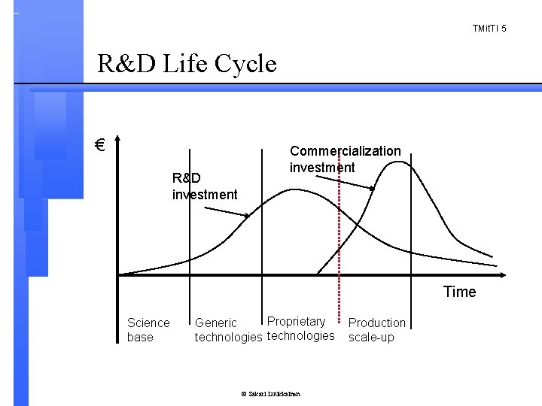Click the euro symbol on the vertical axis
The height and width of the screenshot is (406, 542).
coord(99,144)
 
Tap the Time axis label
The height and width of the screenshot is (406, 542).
coord(459,292)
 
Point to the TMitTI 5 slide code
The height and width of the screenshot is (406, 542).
coord(489,29)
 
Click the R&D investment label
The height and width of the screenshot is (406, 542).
coord(204,186)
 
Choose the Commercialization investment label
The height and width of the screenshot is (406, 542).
coord(345,159)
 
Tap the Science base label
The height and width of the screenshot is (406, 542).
coord(148,329)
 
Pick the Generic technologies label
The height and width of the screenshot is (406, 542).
coord(228,330)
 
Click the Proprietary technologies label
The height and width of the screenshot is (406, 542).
coord(300,329)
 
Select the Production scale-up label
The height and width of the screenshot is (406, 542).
coord(376,329)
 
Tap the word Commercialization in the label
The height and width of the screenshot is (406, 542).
coord(345,151)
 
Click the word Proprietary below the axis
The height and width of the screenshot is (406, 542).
coord(297,322)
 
